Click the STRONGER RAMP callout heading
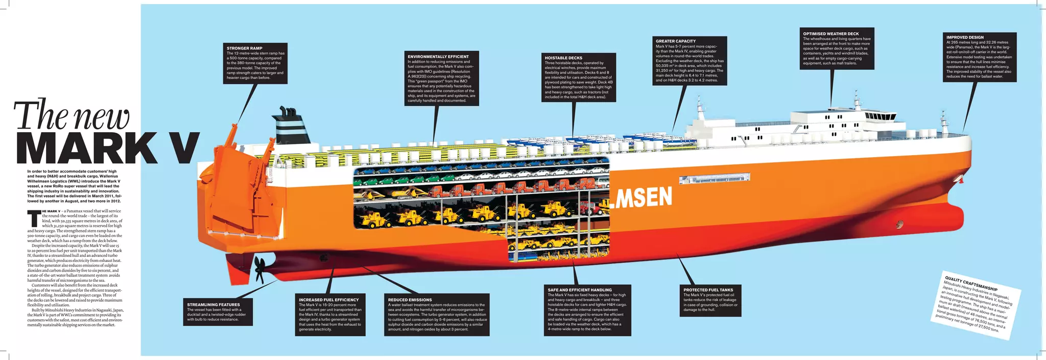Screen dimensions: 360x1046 245,49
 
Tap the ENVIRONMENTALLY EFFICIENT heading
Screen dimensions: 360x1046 438,57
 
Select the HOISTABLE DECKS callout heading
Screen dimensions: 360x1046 563,58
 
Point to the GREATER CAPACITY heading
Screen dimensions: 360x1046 676,41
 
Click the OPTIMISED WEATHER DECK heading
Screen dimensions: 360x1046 831,34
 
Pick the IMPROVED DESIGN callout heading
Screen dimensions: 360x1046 965,37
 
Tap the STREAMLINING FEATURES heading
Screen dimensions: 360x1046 213,305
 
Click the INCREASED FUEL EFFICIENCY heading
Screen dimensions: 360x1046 329,300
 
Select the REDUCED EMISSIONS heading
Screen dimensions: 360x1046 410,300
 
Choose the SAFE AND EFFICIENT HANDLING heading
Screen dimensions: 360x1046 580,290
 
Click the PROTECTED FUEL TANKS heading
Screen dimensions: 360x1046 708,290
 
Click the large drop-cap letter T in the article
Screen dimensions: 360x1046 34,218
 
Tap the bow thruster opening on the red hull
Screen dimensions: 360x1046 899,224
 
